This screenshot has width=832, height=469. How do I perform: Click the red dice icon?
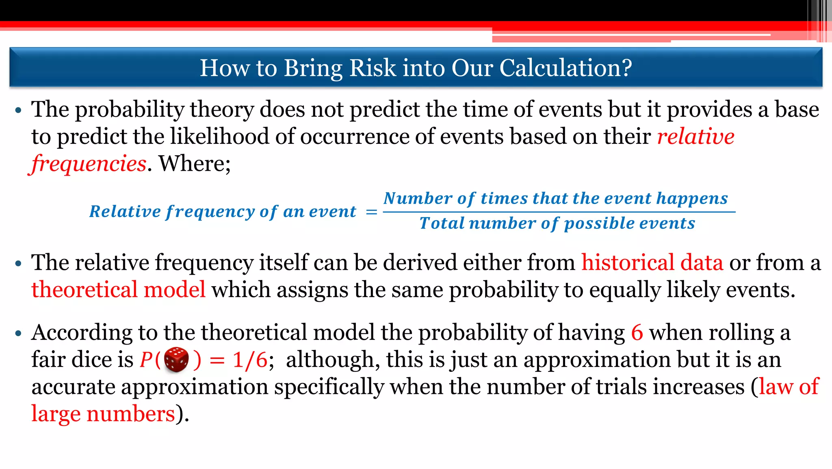[x=176, y=360]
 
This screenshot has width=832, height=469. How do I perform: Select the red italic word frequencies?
[x=89, y=163]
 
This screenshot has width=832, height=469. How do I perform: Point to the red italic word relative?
[x=695, y=136]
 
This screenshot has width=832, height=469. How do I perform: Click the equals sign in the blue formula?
[x=371, y=212]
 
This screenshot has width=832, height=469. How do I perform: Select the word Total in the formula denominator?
[x=442, y=223]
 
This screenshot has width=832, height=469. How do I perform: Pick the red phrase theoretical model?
[x=118, y=290]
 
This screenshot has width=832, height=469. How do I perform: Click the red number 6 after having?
[x=637, y=332]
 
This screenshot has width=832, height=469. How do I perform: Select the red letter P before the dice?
[x=146, y=360]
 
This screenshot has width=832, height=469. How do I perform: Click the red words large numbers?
[x=103, y=414]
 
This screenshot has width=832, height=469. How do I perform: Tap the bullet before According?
[x=18, y=334]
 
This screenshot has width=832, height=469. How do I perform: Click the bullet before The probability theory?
[x=18, y=111]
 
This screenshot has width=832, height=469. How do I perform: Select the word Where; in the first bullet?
[x=195, y=163]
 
